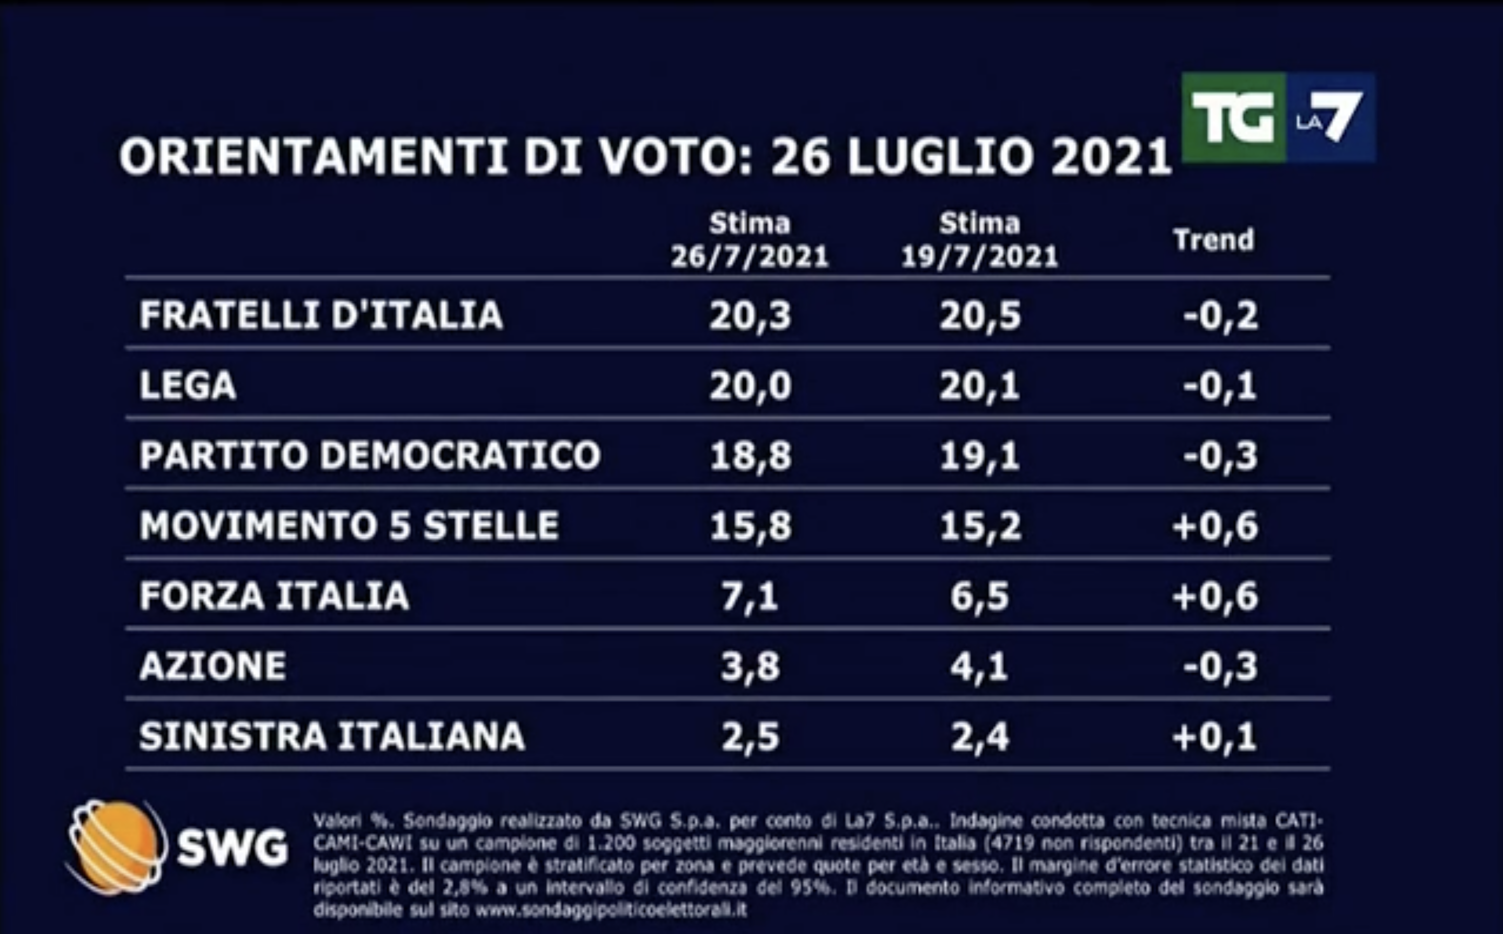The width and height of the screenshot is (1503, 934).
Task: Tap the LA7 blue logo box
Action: [x=1330, y=118]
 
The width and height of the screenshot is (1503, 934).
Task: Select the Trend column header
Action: [x=1214, y=240]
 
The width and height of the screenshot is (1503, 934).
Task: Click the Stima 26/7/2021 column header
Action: [x=749, y=240]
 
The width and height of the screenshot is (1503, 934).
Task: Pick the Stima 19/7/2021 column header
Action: [x=979, y=240]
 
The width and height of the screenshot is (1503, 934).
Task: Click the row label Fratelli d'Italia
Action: [x=321, y=315]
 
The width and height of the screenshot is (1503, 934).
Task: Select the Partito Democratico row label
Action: [x=369, y=456]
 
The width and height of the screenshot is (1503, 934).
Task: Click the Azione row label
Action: [x=213, y=667]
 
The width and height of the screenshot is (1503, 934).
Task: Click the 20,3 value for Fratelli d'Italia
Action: [x=749, y=316]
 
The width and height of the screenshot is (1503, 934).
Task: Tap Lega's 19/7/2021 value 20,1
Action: [x=979, y=386]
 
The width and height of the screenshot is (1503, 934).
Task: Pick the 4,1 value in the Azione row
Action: [x=979, y=667]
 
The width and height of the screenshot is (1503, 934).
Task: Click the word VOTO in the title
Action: [x=674, y=157]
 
